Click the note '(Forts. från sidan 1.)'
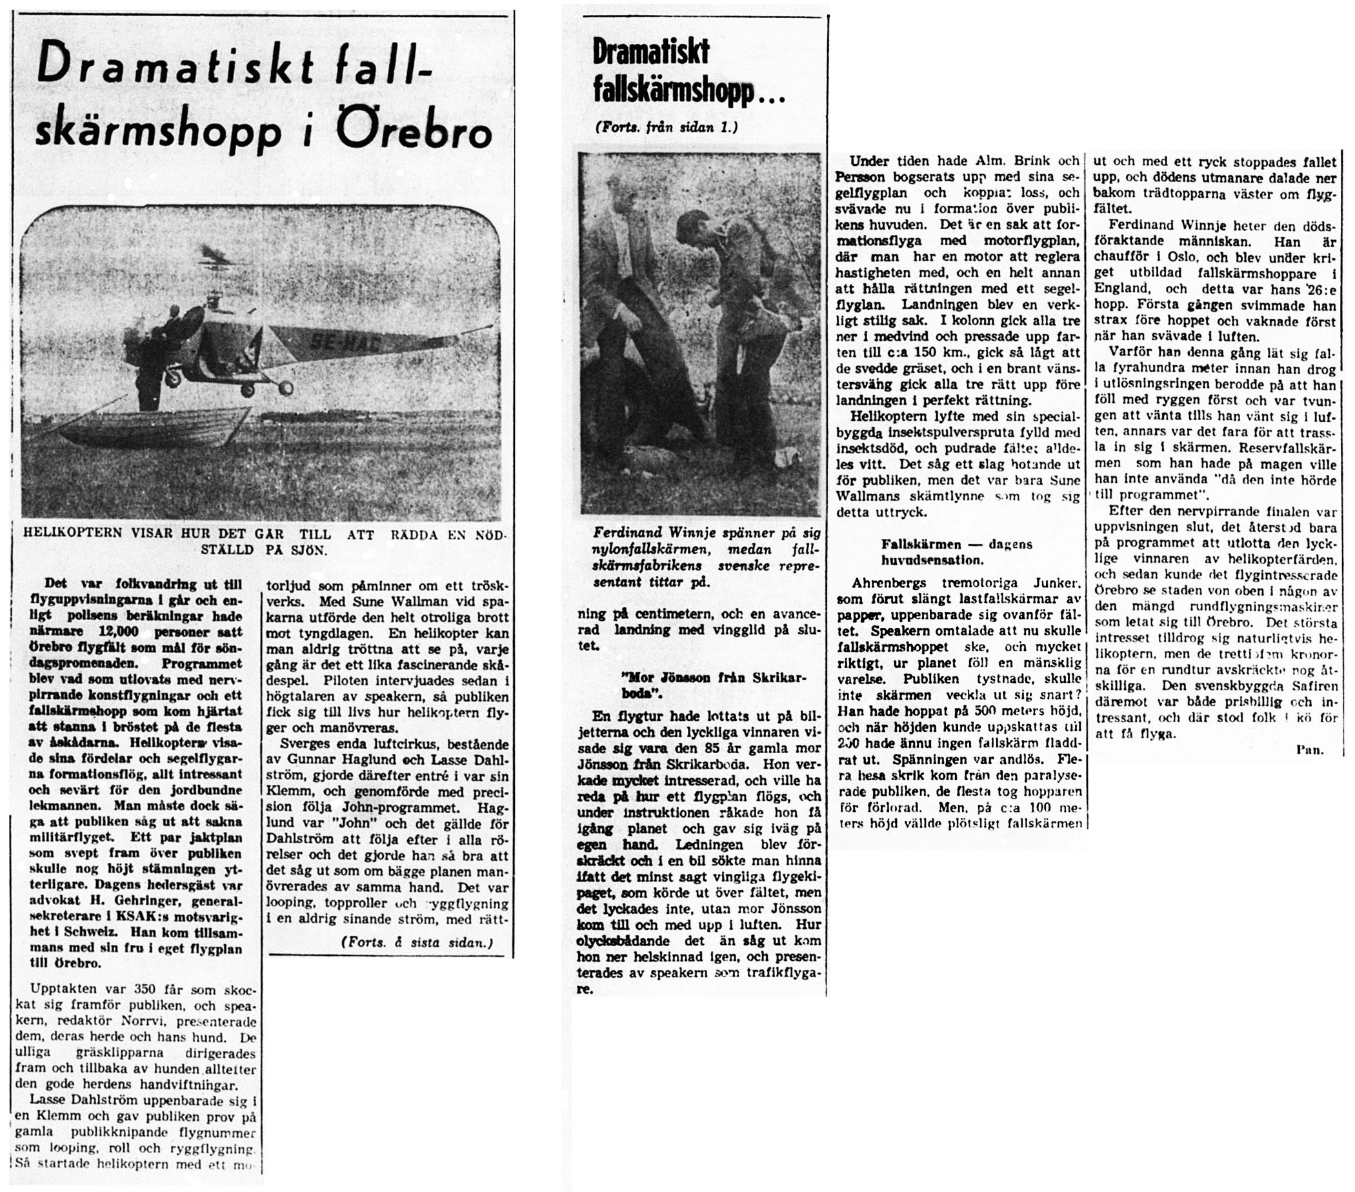tap(665, 127)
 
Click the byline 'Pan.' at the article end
tap(1309, 750)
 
